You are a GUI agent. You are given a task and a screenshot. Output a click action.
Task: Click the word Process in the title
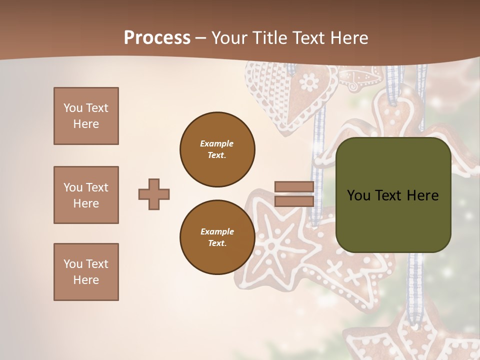click(157, 38)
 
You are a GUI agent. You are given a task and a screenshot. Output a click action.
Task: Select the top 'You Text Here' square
click(86, 116)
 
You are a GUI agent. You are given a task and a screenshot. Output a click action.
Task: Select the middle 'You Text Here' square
click(86, 195)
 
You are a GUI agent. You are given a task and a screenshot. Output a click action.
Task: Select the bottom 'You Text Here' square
click(86, 272)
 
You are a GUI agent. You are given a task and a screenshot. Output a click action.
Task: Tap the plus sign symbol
click(154, 194)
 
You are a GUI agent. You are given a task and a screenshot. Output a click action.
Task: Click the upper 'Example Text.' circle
click(217, 149)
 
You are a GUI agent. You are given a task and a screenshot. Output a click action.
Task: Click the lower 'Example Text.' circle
click(217, 237)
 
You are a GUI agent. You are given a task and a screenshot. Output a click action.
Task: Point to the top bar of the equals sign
click(294, 187)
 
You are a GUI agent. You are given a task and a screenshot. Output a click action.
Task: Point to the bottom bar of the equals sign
click(294, 201)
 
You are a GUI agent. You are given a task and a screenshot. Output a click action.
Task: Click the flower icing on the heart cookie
click(309, 81)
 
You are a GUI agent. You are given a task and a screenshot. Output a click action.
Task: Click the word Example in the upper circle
click(217, 143)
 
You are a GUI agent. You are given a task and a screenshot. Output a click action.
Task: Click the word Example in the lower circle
click(217, 231)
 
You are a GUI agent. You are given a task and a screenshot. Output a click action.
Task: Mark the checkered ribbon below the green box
click(414, 280)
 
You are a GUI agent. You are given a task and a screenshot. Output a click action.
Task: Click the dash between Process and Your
click(201, 38)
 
